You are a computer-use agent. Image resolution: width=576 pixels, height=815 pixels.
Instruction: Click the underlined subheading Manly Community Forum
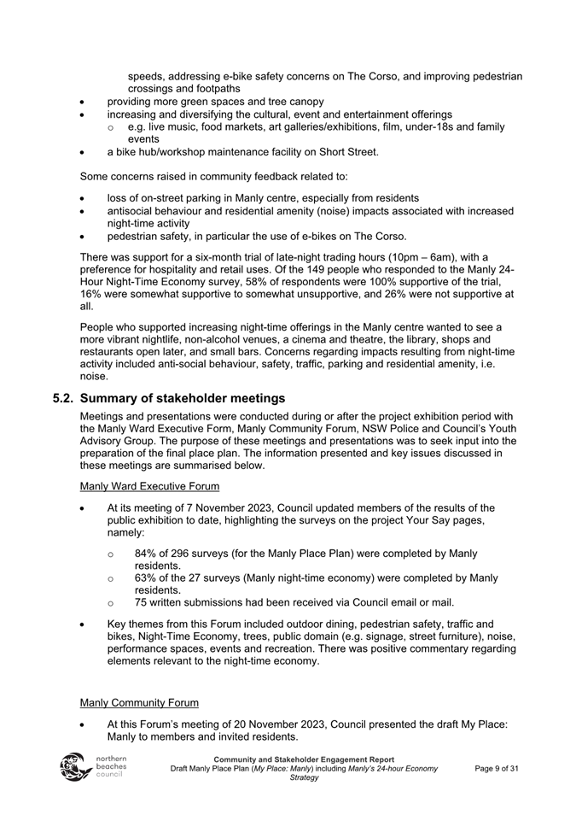[139, 702]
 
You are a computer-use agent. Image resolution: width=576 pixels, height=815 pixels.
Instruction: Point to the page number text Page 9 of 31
[497, 769]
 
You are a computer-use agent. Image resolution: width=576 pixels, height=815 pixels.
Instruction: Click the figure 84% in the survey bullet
[147, 554]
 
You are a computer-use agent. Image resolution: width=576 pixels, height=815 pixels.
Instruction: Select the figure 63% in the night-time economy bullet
[147, 578]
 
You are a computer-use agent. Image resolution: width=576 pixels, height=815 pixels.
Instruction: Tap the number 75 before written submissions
[142, 603]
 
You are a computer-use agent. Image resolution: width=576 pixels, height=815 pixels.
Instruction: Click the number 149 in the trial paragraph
[310, 269]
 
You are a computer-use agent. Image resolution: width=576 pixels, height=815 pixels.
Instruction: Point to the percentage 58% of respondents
[253, 281]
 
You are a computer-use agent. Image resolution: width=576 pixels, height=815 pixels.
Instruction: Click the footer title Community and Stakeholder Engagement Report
[304, 759]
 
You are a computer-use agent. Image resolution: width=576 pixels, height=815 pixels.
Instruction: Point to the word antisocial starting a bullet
[132, 211]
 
